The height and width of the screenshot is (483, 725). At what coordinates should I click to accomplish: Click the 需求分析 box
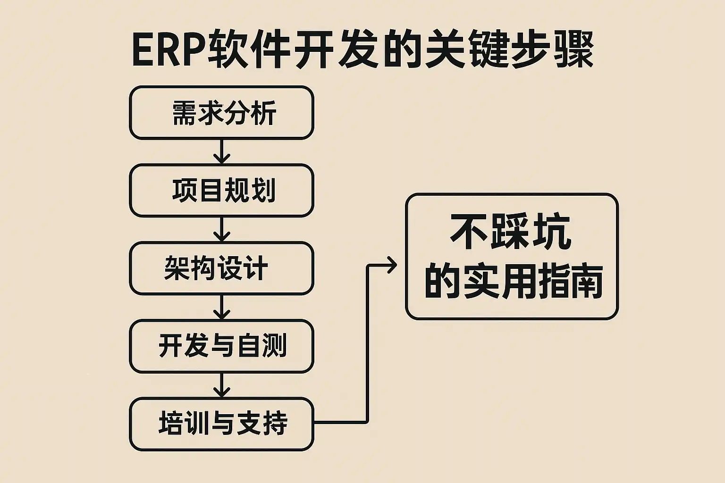(x=221, y=113)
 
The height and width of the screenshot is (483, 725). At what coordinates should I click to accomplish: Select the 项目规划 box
(x=221, y=191)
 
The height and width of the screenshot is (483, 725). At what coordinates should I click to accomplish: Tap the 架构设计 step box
(x=221, y=268)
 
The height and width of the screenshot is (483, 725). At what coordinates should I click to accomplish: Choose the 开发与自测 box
(x=221, y=346)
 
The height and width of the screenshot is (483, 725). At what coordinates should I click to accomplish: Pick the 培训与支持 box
(x=221, y=424)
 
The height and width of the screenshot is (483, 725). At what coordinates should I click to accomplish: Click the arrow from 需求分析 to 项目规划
(x=221, y=152)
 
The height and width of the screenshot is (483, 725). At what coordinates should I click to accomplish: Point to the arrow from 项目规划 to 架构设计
(x=221, y=229)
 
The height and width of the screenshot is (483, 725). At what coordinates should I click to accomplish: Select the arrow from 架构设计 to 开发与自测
(x=221, y=307)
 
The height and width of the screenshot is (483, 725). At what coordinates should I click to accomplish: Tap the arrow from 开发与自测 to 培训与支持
(x=221, y=385)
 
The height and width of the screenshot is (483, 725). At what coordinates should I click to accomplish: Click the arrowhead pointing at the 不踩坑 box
(x=391, y=265)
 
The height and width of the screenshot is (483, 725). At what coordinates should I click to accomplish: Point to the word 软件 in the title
(x=249, y=51)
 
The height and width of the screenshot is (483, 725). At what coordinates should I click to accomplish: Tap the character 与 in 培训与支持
(x=222, y=424)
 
